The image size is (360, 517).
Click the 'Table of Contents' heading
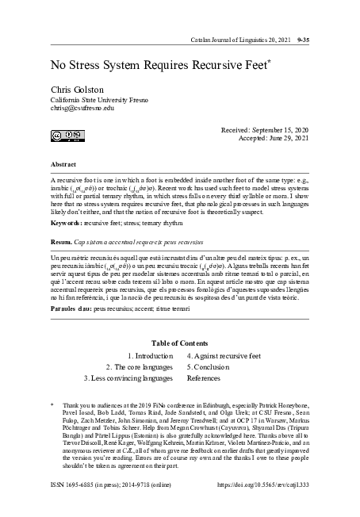(x=180, y=343)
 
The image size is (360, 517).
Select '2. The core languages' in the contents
(x=140, y=368)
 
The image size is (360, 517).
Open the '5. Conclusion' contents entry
(x=212, y=368)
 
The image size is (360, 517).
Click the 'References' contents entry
(x=208, y=380)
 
